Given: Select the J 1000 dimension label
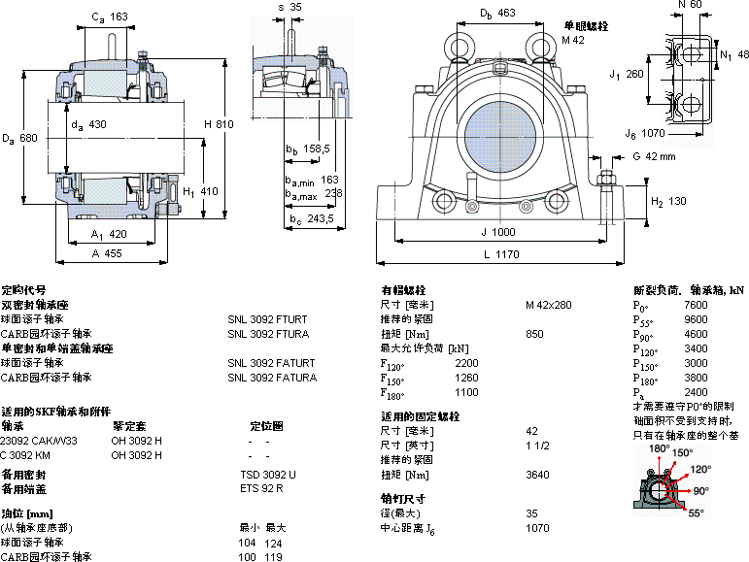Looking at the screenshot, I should [497, 232].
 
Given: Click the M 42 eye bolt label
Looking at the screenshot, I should [573, 40].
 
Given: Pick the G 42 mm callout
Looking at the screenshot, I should [653, 156].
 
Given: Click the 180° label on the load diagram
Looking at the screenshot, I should [660, 448].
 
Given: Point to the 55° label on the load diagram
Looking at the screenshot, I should [696, 512].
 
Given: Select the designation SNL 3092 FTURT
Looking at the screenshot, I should [267, 318].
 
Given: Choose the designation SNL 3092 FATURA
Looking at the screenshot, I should [271, 378].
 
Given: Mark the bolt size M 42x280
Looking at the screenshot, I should [548, 305].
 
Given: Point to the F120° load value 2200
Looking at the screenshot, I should [466, 363].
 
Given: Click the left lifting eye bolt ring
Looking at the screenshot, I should [458, 44].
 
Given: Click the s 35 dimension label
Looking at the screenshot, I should [289, 7].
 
